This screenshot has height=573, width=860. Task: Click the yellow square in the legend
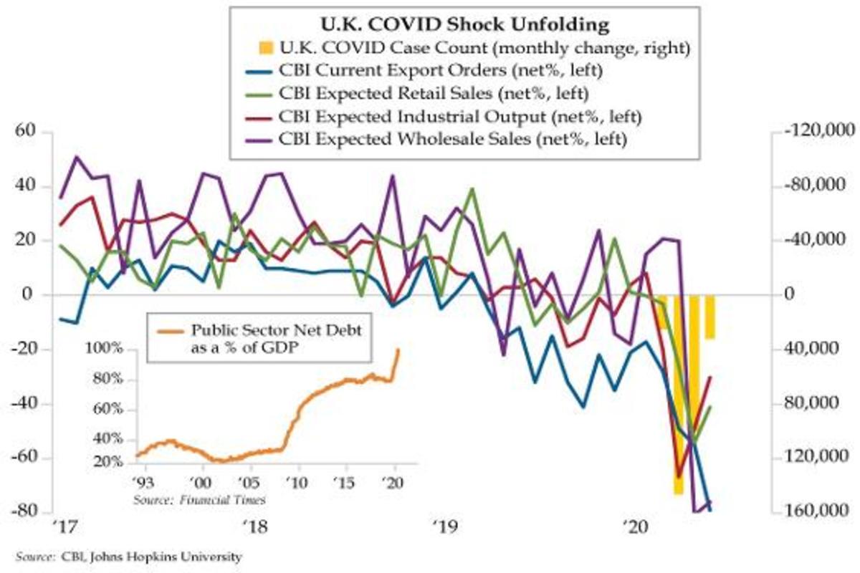265,48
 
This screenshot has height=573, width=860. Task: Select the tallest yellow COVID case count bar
677,394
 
